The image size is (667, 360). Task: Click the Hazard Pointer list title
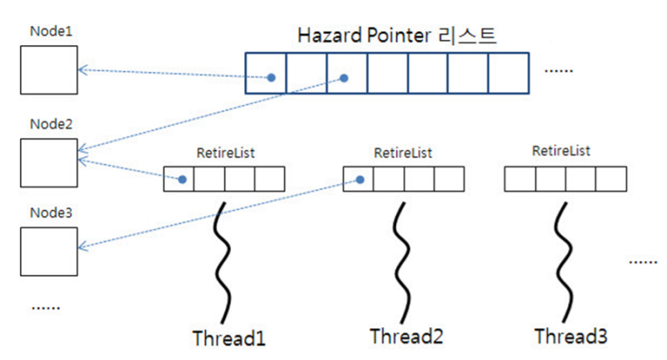coord(397,36)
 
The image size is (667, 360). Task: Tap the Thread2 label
coord(402,337)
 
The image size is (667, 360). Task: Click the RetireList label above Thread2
coord(402,152)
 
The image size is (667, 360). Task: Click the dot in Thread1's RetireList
coord(181,179)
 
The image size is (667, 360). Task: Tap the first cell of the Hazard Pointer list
coord(266,73)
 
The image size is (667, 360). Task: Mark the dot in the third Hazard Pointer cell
coord(344,78)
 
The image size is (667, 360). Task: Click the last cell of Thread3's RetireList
coord(609,179)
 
